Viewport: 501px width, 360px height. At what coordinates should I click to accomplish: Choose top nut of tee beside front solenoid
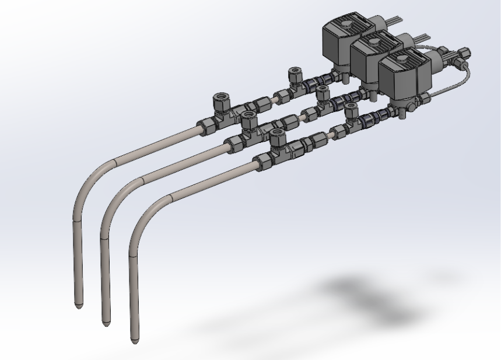tap(352, 109)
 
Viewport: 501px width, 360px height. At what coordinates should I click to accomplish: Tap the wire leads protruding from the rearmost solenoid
tap(397, 22)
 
